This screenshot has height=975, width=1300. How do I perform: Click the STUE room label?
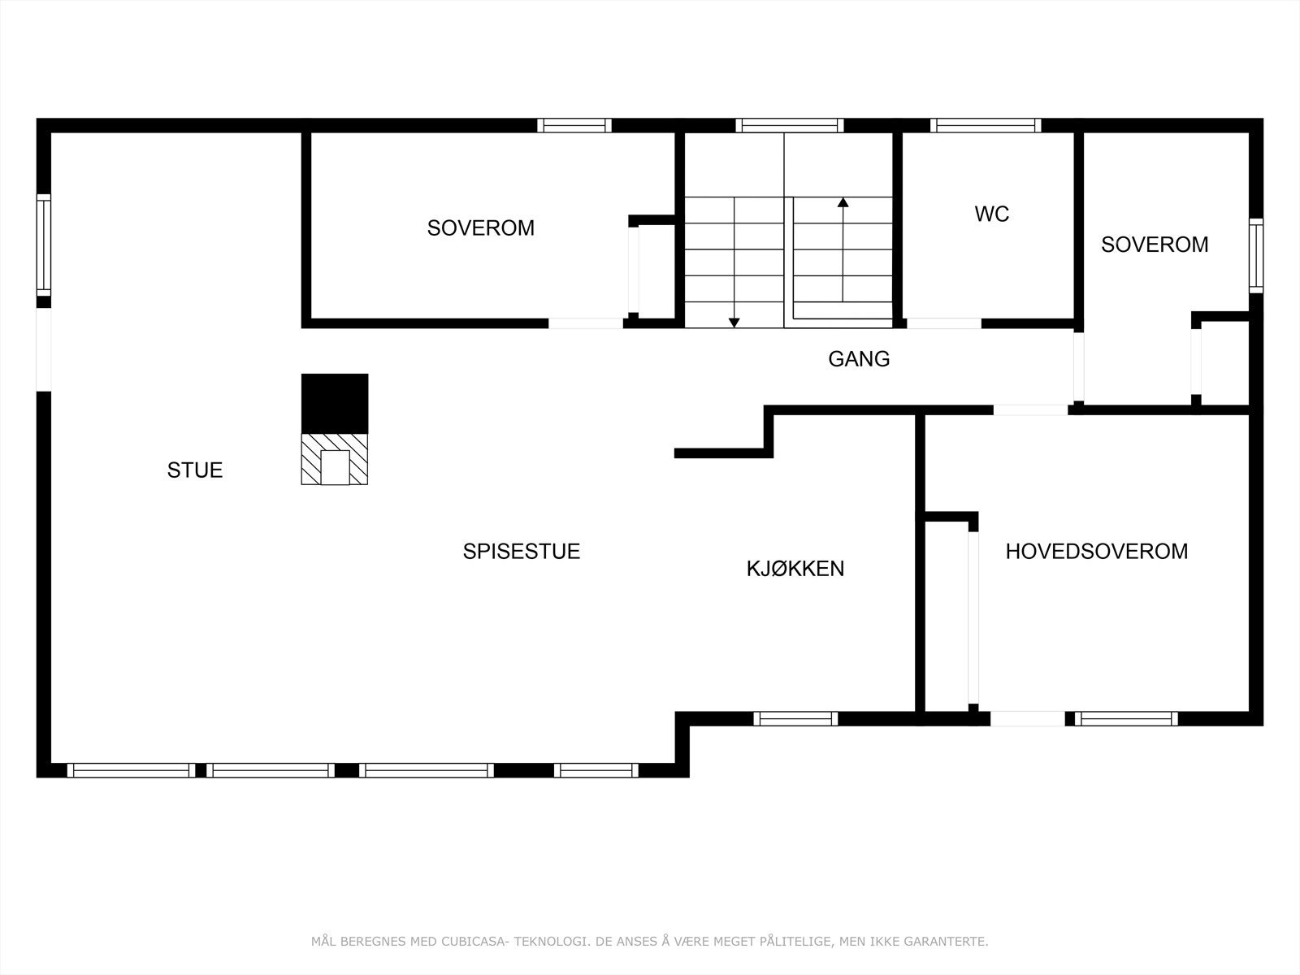(195, 470)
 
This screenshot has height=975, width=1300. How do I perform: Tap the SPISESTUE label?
(521, 552)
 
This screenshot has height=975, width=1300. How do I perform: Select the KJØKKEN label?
(795, 569)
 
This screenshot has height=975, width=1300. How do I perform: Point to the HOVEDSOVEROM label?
(1096, 552)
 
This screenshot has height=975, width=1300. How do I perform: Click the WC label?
(991, 214)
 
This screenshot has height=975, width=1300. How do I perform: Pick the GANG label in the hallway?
(859, 359)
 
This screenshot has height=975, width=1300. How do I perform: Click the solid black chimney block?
(335, 403)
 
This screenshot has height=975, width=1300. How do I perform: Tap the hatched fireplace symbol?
(335, 460)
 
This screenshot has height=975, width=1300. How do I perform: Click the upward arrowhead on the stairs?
(843, 202)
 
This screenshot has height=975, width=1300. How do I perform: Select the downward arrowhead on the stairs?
(734, 323)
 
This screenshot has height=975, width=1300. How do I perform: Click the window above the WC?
(985, 125)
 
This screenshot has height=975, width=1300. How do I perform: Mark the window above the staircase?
(790, 125)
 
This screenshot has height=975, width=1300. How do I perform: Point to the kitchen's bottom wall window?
(795, 718)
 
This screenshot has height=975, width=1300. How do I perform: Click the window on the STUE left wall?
(44, 245)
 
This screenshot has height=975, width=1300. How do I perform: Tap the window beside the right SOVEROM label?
(1256, 256)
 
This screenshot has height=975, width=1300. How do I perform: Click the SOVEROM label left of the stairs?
(480, 228)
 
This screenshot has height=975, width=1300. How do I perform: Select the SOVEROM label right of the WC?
(1154, 245)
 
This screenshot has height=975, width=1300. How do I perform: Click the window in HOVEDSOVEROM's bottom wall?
(1126, 718)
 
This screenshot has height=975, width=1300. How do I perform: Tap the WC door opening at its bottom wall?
(943, 323)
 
